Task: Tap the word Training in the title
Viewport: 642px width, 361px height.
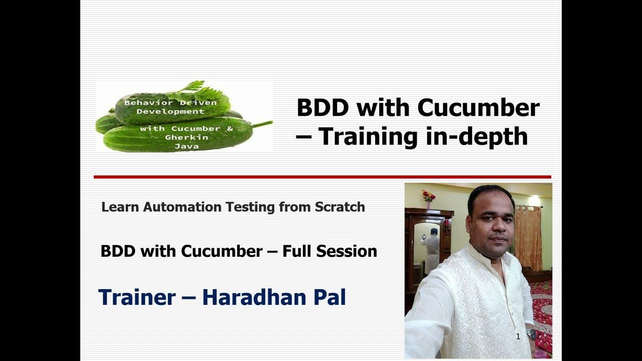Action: pyautogui.click(x=370, y=136)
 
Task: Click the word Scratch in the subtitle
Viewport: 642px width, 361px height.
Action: pyautogui.click(x=340, y=207)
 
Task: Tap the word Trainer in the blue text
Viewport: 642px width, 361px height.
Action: pyautogui.click(x=136, y=297)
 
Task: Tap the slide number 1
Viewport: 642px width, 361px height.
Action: pyautogui.click(x=518, y=337)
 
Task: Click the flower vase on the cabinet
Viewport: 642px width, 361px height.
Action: pyautogui.click(x=428, y=197)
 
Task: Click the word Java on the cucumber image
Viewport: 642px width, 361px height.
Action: pyautogui.click(x=186, y=146)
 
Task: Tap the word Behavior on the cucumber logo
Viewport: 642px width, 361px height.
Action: pyautogui.click(x=142, y=102)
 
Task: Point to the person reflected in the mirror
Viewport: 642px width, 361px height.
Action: pyautogui.click(x=431, y=251)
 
